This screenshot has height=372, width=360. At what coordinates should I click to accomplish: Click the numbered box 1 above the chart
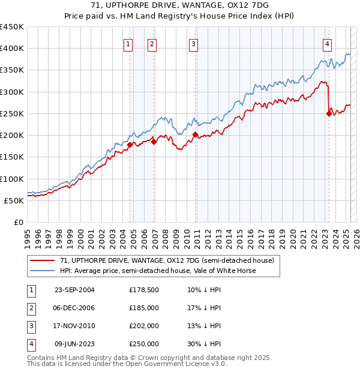[x=129, y=44]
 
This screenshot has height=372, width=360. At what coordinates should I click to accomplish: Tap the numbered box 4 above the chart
[x=328, y=44]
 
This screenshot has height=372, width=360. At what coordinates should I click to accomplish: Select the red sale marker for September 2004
[x=130, y=144]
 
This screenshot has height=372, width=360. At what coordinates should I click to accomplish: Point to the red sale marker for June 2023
[x=329, y=113]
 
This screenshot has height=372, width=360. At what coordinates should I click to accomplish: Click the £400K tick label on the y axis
[x=12, y=49]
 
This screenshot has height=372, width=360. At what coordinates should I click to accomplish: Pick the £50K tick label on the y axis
[x=14, y=200]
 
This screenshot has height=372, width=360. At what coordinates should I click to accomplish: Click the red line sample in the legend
[x=42, y=260]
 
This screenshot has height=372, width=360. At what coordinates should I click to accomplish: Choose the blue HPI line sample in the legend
[x=42, y=271]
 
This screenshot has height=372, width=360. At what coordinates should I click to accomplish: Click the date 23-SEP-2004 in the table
[x=74, y=290]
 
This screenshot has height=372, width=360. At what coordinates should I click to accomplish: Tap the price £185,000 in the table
[x=144, y=308]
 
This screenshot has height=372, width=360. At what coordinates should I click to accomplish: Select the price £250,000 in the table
[x=144, y=344]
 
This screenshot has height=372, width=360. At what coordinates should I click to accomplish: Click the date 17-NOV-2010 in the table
[x=74, y=326]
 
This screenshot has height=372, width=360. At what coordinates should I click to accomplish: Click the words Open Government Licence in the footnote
[x=175, y=364]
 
